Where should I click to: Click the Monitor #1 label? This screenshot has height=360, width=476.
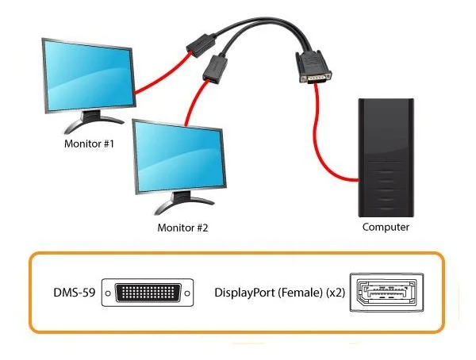(x=89, y=144)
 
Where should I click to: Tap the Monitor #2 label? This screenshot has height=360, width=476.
(x=182, y=228)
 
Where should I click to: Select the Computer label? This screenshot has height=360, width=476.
(x=386, y=227)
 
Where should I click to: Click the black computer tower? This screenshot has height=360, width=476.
(x=386, y=158)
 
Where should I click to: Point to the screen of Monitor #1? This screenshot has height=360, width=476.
(x=89, y=75)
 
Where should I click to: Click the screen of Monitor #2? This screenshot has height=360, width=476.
(x=180, y=157)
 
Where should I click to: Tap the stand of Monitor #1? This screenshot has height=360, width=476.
(x=91, y=121)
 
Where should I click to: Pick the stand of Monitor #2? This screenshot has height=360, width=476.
(x=182, y=203)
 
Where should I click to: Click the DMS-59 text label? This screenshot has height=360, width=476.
(x=75, y=293)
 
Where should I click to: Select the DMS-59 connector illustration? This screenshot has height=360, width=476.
(x=148, y=293)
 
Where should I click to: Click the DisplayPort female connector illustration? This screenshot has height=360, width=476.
(x=386, y=293)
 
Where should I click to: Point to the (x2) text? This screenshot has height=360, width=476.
(x=336, y=293)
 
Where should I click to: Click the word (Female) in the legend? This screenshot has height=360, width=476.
(x=300, y=293)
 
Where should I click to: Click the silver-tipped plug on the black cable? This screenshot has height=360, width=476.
(x=313, y=67)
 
